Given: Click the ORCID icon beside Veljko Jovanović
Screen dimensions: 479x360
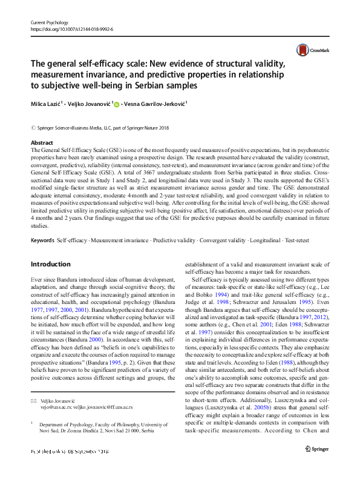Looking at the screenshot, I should pyautogui.click(x=117, y=105).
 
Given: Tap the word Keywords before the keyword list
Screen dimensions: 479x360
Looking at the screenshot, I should pyautogui.click(x=42, y=258).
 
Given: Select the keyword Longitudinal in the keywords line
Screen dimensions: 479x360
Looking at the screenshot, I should pyautogui.click(x=261, y=258).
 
